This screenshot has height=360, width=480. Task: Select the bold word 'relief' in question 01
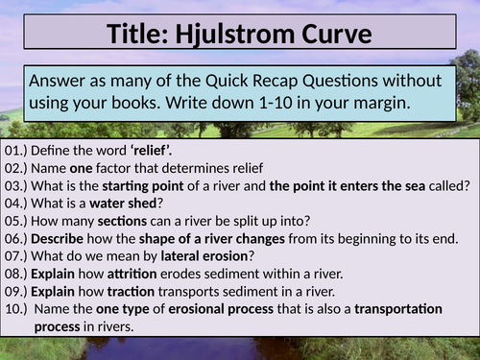tap(147, 151)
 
